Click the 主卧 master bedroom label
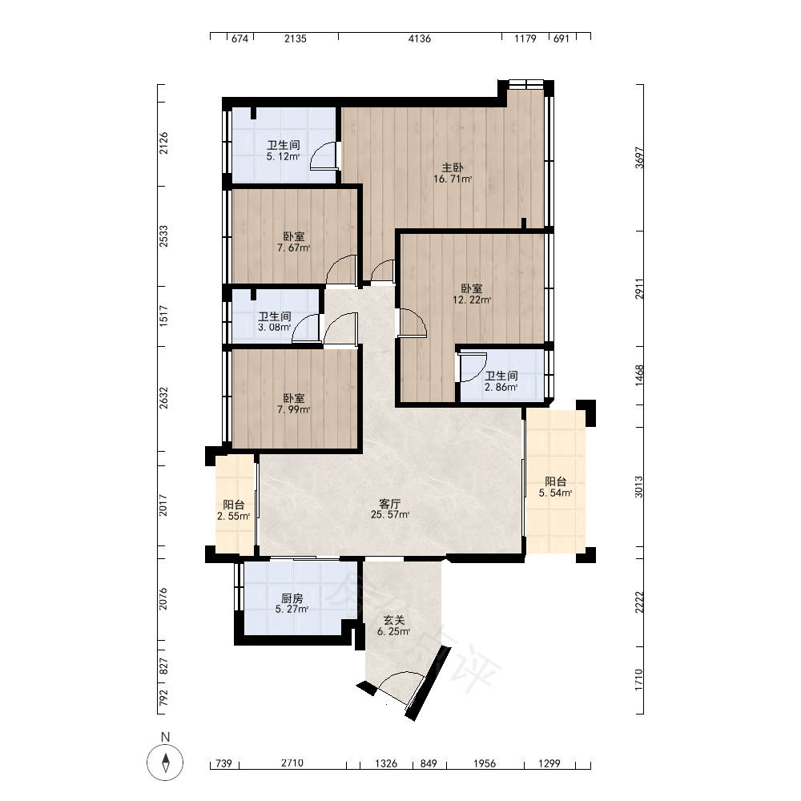pos(453,167)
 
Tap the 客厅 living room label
pos(390,504)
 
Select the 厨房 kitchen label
pos(292,598)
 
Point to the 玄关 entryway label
pos(394,620)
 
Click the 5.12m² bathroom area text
pos(283,157)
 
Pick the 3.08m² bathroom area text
pos(274,328)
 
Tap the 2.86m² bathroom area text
pos(501,387)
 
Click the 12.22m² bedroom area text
pos(472,300)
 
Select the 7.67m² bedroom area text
pos(294,248)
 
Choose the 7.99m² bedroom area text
pos(294,409)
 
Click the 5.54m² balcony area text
pos(555,493)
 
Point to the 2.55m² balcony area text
pos(233,517)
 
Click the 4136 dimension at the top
pos(420,38)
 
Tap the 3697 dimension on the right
pos(639,157)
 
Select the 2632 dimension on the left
pos(163,398)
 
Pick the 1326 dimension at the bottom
pos(386,763)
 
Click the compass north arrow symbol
pos(165,763)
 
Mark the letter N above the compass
pos(165,737)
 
